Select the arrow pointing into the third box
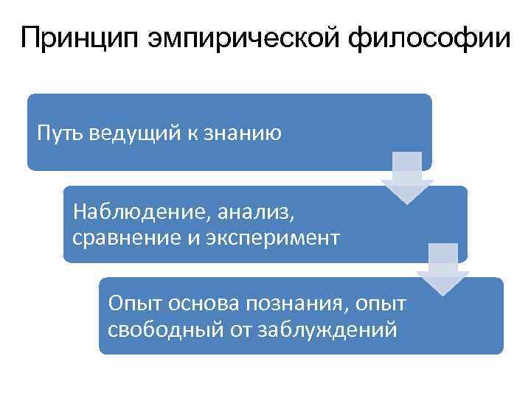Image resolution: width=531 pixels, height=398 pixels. (442, 269)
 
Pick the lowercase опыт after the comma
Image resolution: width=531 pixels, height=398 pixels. (384, 304)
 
